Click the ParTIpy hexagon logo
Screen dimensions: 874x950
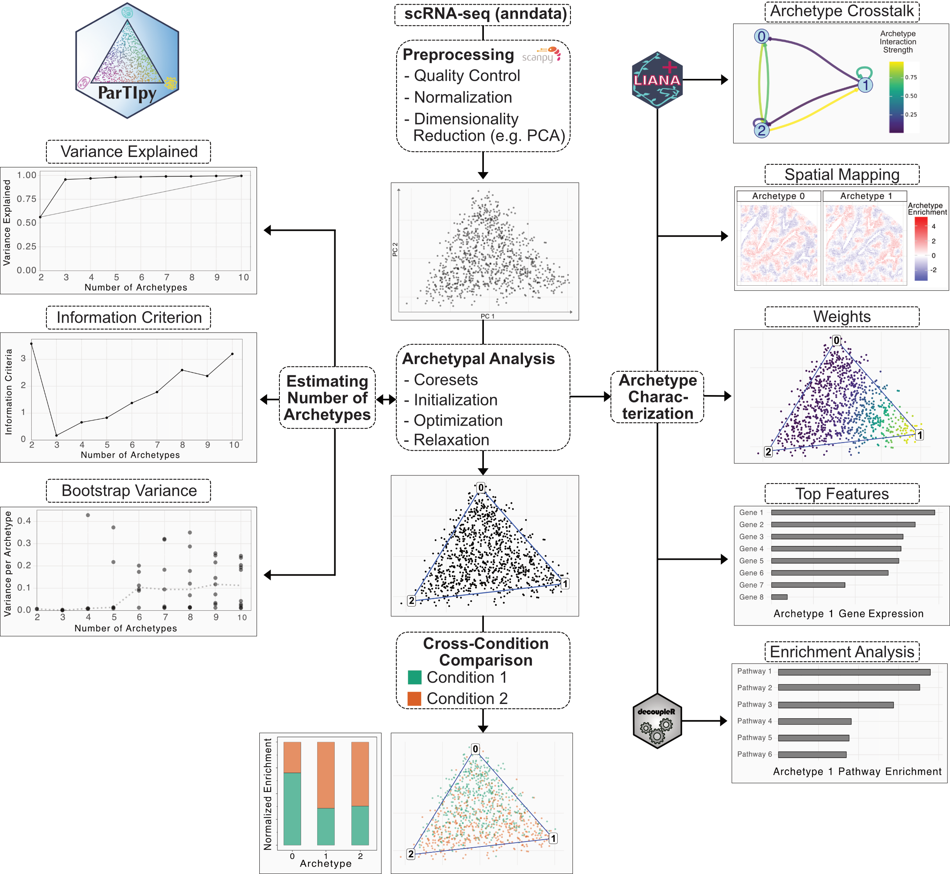pyautogui.click(x=127, y=61)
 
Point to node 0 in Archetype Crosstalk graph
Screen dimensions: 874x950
pyautogui.click(x=761, y=36)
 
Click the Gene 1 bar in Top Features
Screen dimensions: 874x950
pyautogui.click(x=853, y=512)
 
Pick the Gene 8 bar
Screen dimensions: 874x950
pyautogui.click(x=779, y=597)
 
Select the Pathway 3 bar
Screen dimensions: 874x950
pyautogui.click(x=836, y=705)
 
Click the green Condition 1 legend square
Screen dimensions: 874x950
pyautogui.click(x=414, y=677)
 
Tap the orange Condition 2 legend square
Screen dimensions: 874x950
pyautogui.click(x=414, y=699)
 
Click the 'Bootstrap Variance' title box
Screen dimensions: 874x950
pyautogui.click(x=129, y=491)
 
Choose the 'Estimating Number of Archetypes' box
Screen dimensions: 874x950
pyautogui.click(x=327, y=398)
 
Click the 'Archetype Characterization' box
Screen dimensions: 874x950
pyautogui.click(x=657, y=397)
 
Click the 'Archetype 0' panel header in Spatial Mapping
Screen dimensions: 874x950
pyautogui.click(x=778, y=196)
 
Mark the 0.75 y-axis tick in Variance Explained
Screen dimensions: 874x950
pyautogui.click(x=27, y=199)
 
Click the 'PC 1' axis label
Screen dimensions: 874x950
pyautogui.click(x=487, y=316)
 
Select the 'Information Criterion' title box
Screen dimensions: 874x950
pyautogui.click(x=129, y=317)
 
